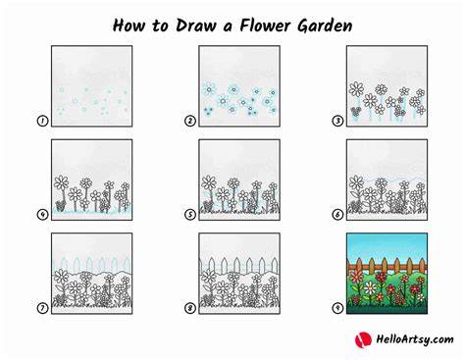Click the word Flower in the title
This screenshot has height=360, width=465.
click(265, 26)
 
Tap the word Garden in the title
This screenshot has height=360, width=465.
click(325, 26)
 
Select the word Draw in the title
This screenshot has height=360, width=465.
click(196, 26)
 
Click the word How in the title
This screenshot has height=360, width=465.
click(129, 26)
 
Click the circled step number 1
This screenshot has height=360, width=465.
click(42, 121)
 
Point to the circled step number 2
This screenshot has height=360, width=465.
click(190, 121)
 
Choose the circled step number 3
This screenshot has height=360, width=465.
click(337, 121)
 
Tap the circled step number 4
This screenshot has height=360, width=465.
click(42, 215)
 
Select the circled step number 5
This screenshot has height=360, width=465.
click(190, 215)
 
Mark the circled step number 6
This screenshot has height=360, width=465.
click(337, 215)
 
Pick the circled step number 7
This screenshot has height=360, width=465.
click(42, 308)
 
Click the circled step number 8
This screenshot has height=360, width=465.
click(190, 308)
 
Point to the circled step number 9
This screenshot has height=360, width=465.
click(337, 308)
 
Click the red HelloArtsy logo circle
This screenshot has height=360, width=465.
click(363, 339)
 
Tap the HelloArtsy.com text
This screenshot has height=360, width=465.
click(415, 339)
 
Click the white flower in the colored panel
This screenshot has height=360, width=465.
click(370, 287)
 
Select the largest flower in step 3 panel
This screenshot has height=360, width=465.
click(356, 89)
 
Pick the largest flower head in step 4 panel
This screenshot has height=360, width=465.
click(61, 182)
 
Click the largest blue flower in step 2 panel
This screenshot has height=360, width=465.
click(209, 89)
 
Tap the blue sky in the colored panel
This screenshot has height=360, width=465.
click(387, 245)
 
